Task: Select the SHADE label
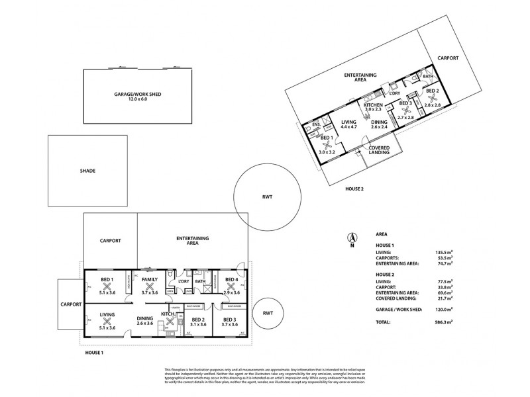click(x=87, y=171)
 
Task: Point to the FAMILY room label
click(x=148, y=280)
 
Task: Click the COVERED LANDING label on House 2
click(x=378, y=152)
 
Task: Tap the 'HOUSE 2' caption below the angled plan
click(x=354, y=189)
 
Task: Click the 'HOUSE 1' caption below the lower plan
click(x=94, y=353)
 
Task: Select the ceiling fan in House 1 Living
click(x=107, y=322)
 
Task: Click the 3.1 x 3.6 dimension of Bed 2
click(x=197, y=324)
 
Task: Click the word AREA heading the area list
click(x=382, y=234)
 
